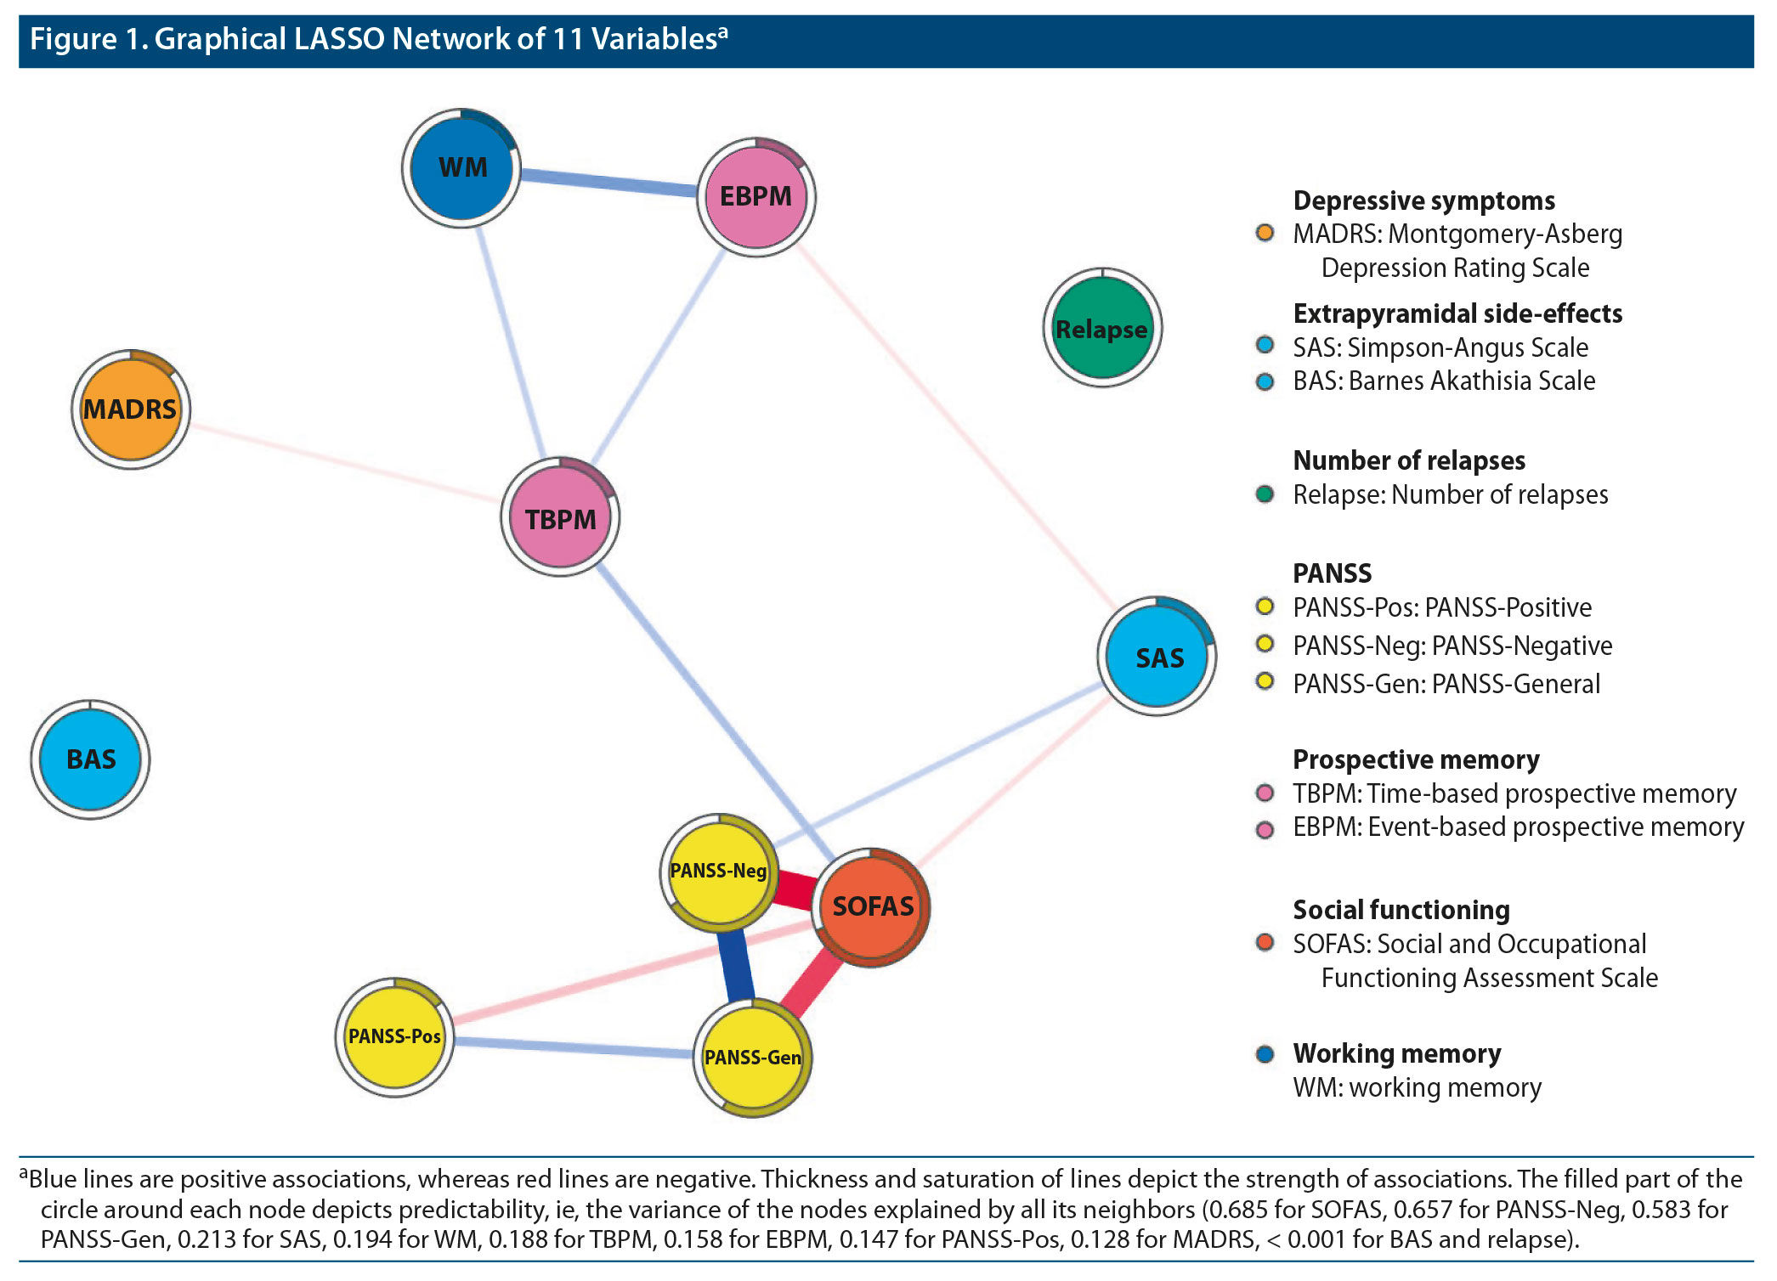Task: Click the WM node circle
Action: (x=461, y=167)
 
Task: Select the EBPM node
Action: (x=756, y=196)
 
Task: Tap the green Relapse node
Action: (x=1102, y=328)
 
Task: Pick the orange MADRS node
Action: (x=130, y=409)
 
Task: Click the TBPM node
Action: (x=560, y=518)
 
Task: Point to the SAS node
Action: (x=1157, y=657)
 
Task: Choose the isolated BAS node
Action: (x=90, y=759)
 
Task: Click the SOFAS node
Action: (x=872, y=906)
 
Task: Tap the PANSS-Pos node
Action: (x=394, y=1036)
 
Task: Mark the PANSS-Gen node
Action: (x=752, y=1058)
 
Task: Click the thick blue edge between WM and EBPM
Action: (x=608, y=181)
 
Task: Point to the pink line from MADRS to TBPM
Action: (x=344, y=463)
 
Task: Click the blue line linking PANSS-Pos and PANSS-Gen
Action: (x=574, y=1047)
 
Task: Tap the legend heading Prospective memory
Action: (x=1416, y=759)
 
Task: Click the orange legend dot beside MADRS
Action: (x=1265, y=233)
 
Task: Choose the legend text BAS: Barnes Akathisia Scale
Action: (x=1444, y=381)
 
